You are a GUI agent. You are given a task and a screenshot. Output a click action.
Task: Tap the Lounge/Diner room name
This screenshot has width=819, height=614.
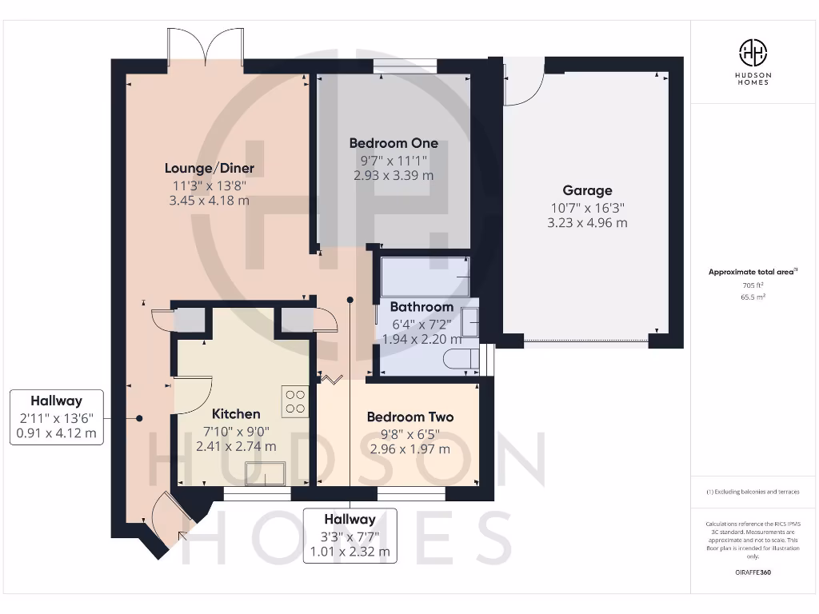point(210,168)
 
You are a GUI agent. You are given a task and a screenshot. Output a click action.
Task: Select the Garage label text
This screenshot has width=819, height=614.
point(587,190)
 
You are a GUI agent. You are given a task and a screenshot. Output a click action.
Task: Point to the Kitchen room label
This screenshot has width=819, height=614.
point(236,414)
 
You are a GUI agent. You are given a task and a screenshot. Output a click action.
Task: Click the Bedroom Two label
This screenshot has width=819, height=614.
point(409,417)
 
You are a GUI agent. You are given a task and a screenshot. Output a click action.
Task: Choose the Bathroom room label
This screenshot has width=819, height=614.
point(421,307)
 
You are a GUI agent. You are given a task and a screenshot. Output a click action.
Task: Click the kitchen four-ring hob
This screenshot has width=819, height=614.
point(295,401)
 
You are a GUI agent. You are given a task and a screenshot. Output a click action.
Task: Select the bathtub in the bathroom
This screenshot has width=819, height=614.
point(425,276)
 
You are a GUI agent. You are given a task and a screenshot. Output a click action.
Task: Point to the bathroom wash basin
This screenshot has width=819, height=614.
point(471,325)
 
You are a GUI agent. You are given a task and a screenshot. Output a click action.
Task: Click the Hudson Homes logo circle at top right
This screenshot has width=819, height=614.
point(753,54)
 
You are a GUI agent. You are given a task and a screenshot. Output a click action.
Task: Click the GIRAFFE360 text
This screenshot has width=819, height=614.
point(752,572)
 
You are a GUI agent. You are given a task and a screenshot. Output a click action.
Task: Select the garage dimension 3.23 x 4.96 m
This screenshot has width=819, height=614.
point(587,222)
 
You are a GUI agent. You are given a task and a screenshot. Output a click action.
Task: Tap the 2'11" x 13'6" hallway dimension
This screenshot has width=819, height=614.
point(56,418)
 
